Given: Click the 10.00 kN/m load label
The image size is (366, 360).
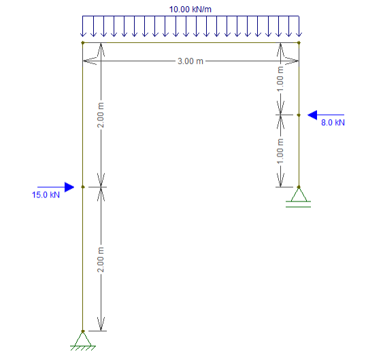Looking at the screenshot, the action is click(x=190, y=10).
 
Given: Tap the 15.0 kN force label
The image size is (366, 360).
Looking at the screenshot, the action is click(x=46, y=195).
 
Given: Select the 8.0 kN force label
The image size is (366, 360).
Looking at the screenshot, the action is click(x=333, y=122).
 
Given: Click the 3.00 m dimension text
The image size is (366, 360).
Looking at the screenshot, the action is click(x=190, y=61).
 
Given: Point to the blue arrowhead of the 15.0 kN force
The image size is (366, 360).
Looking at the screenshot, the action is click(x=69, y=187).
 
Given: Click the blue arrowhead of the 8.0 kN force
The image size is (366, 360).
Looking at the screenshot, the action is click(x=312, y=115).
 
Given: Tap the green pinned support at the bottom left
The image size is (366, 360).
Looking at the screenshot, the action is click(x=83, y=341).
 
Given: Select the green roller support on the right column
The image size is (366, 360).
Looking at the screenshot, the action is click(x=298, y=197).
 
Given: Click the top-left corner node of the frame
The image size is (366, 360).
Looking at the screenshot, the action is click(x=82, y=43).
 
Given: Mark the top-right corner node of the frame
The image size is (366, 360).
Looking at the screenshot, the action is click(x=299, y=43).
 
